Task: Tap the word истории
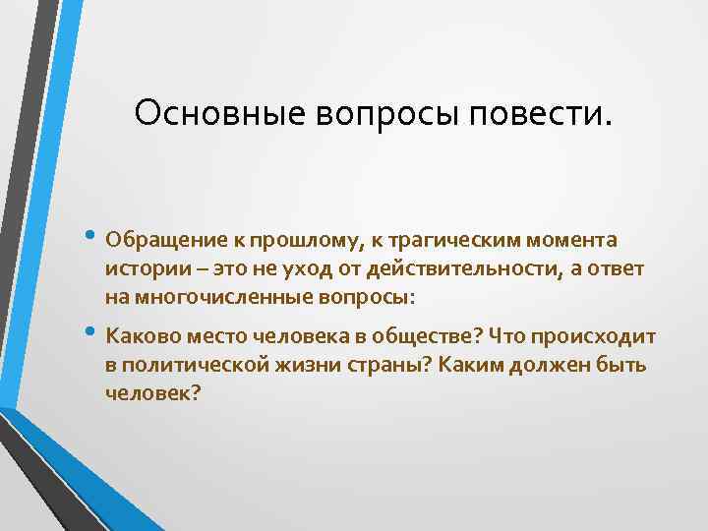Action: coord(143,268)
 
